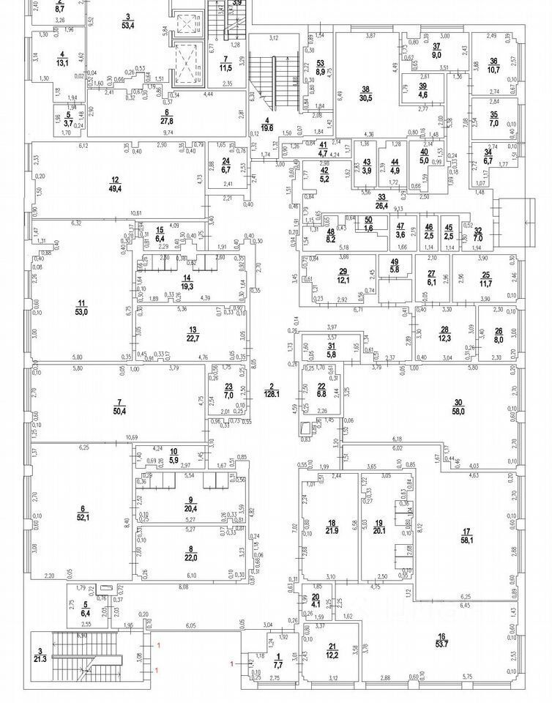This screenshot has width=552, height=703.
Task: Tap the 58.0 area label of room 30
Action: (458, 411)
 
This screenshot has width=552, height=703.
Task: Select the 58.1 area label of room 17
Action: (466, 540)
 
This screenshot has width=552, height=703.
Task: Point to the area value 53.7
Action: (441, 645)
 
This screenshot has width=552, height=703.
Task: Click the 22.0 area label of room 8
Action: (191, 557)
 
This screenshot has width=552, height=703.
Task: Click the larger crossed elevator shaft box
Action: (189, 61)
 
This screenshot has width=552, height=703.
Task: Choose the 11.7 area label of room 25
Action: (485, 282)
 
